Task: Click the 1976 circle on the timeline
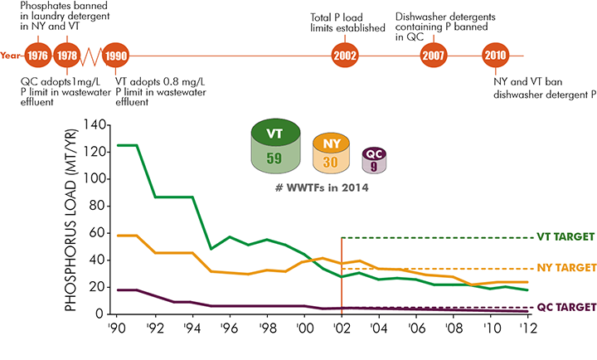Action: (x=37, y=56)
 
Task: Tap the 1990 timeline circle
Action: (x=116, y=56)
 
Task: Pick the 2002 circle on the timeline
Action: (x=344, y=56)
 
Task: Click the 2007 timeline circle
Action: (x=434, y=56)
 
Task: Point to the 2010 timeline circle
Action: (x=496, y=56)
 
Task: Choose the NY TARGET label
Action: (x=561, y=269)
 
